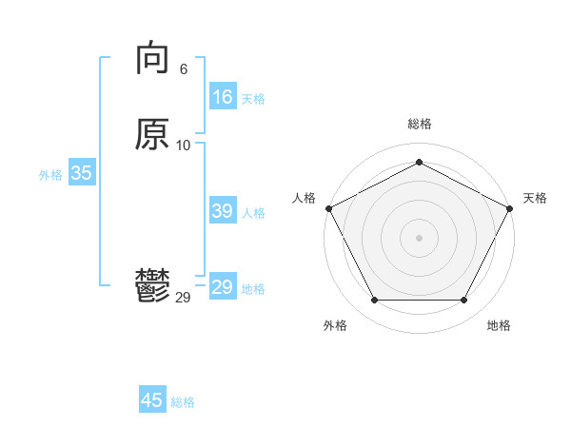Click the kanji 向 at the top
(x=152, y=59)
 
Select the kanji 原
(x=152, y=134)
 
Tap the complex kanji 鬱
(x=152, y=286)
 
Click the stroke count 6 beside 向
(x=184, y=69)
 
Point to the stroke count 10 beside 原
(x=184, y=145)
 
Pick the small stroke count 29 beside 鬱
(x=184, y=298)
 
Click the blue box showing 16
(x=223, y=97)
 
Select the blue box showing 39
(x=223, y=211)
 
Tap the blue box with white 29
(x=223, y=287)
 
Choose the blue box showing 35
(x=81, y=173)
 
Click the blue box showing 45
(x=152, y=400)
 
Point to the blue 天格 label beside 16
(x=253, y=99)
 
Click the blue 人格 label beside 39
(x=253, y=213)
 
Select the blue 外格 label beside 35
(x=50, y=175)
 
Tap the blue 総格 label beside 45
(x=183, y=402)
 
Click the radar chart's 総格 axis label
(x=419, y=124)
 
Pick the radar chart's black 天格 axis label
(x=535, y=198)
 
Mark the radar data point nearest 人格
(x=328, y=207)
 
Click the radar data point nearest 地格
(x=464, y=301)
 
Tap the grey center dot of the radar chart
(x=419, y=237)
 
